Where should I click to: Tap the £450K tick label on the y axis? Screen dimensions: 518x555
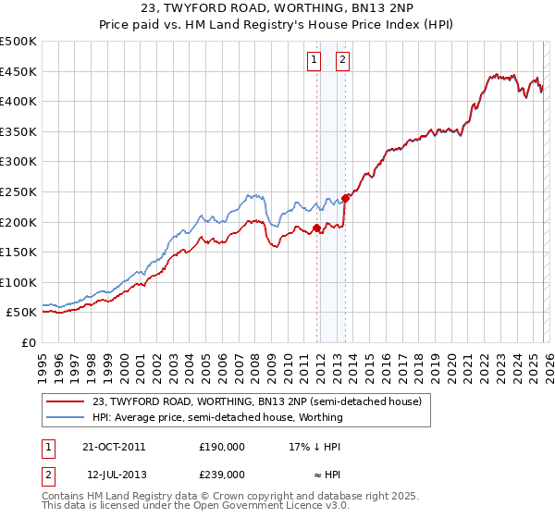(x=18, y=72)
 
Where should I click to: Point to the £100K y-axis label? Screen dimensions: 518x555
(x=18, y=283)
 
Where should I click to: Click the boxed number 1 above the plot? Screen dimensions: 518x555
(x=314, y=61)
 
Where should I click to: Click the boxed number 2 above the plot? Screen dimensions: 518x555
(x=342, y=61)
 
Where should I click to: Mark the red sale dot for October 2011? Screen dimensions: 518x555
(x=316, y=228)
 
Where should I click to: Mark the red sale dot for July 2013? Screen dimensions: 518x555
(x=345, y=197)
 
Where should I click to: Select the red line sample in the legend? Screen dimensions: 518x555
(x=66, y=401)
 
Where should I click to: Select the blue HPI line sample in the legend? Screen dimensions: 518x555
(x=66, y=417)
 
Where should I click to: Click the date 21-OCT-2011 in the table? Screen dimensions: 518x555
(x=113, y=446)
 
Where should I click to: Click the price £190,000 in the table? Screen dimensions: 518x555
(x=221, y=446)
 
